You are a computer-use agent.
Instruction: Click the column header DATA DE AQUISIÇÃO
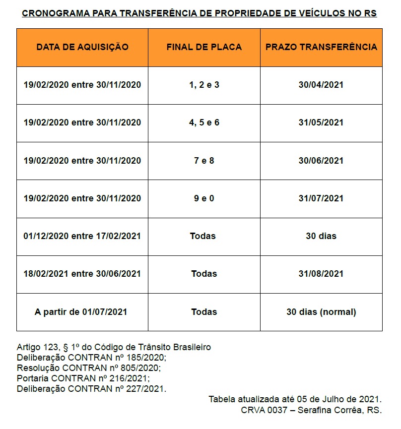pyautogui.click(x=82, y=47)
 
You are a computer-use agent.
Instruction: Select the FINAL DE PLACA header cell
pyautogui.click(x=204, y=47)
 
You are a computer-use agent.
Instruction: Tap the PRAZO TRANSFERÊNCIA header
pyautogui.click(x=321, y=47)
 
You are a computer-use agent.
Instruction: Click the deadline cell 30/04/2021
pyautogui.click(x=321, y=85)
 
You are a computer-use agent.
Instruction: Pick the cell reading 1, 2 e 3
pyautogui.click(x=204, y=85)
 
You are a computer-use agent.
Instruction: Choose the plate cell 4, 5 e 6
pyautogui.click(x=204, y=123)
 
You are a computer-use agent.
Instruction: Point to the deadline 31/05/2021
pyautogui.click(x=321, y=123)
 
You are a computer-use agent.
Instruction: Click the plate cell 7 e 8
pyautogui.click(x=204, y=161)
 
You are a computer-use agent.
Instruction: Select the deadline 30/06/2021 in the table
pyautogui.click(x=321, y=161)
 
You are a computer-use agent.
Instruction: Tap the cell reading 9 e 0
pyautogui.click(x=204, y=198)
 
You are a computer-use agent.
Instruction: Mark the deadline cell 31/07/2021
pyautogui.click(x=321, y=198)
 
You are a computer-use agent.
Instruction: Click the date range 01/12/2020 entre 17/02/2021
pyautogui.click(x=82, y=236)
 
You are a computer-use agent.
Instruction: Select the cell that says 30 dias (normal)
pyautogui.click(x=321, y=312)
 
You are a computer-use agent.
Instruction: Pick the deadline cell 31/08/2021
pyautogui.click(x=321, y=274)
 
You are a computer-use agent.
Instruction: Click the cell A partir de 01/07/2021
pyautogui.click(x=81, y=312)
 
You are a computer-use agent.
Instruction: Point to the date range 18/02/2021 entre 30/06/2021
pyautogui.click(x=82, y=274)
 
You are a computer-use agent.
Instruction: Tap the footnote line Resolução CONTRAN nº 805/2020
pyautogui.click(x=89, y=368)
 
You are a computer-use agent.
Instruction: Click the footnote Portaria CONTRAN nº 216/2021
pyautogui.click(x=83, y=378)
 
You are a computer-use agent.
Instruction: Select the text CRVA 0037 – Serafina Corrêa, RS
pyautogui.click(x=311, y=410)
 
